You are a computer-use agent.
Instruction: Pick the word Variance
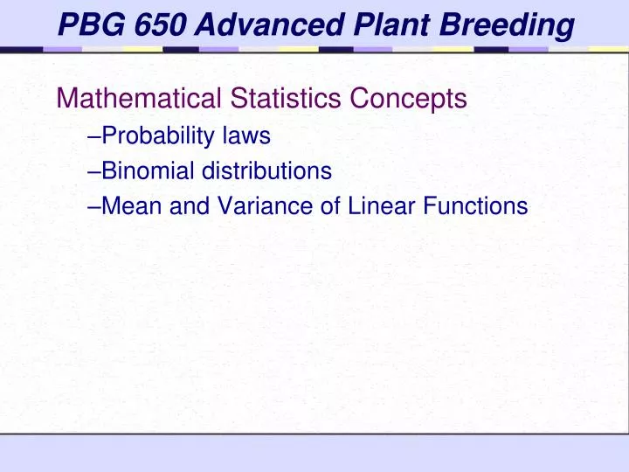click(242, 206)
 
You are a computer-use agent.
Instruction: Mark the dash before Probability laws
click(95, 137)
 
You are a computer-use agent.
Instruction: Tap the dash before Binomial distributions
click(95, 172)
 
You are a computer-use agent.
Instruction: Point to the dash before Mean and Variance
click(95, 207)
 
